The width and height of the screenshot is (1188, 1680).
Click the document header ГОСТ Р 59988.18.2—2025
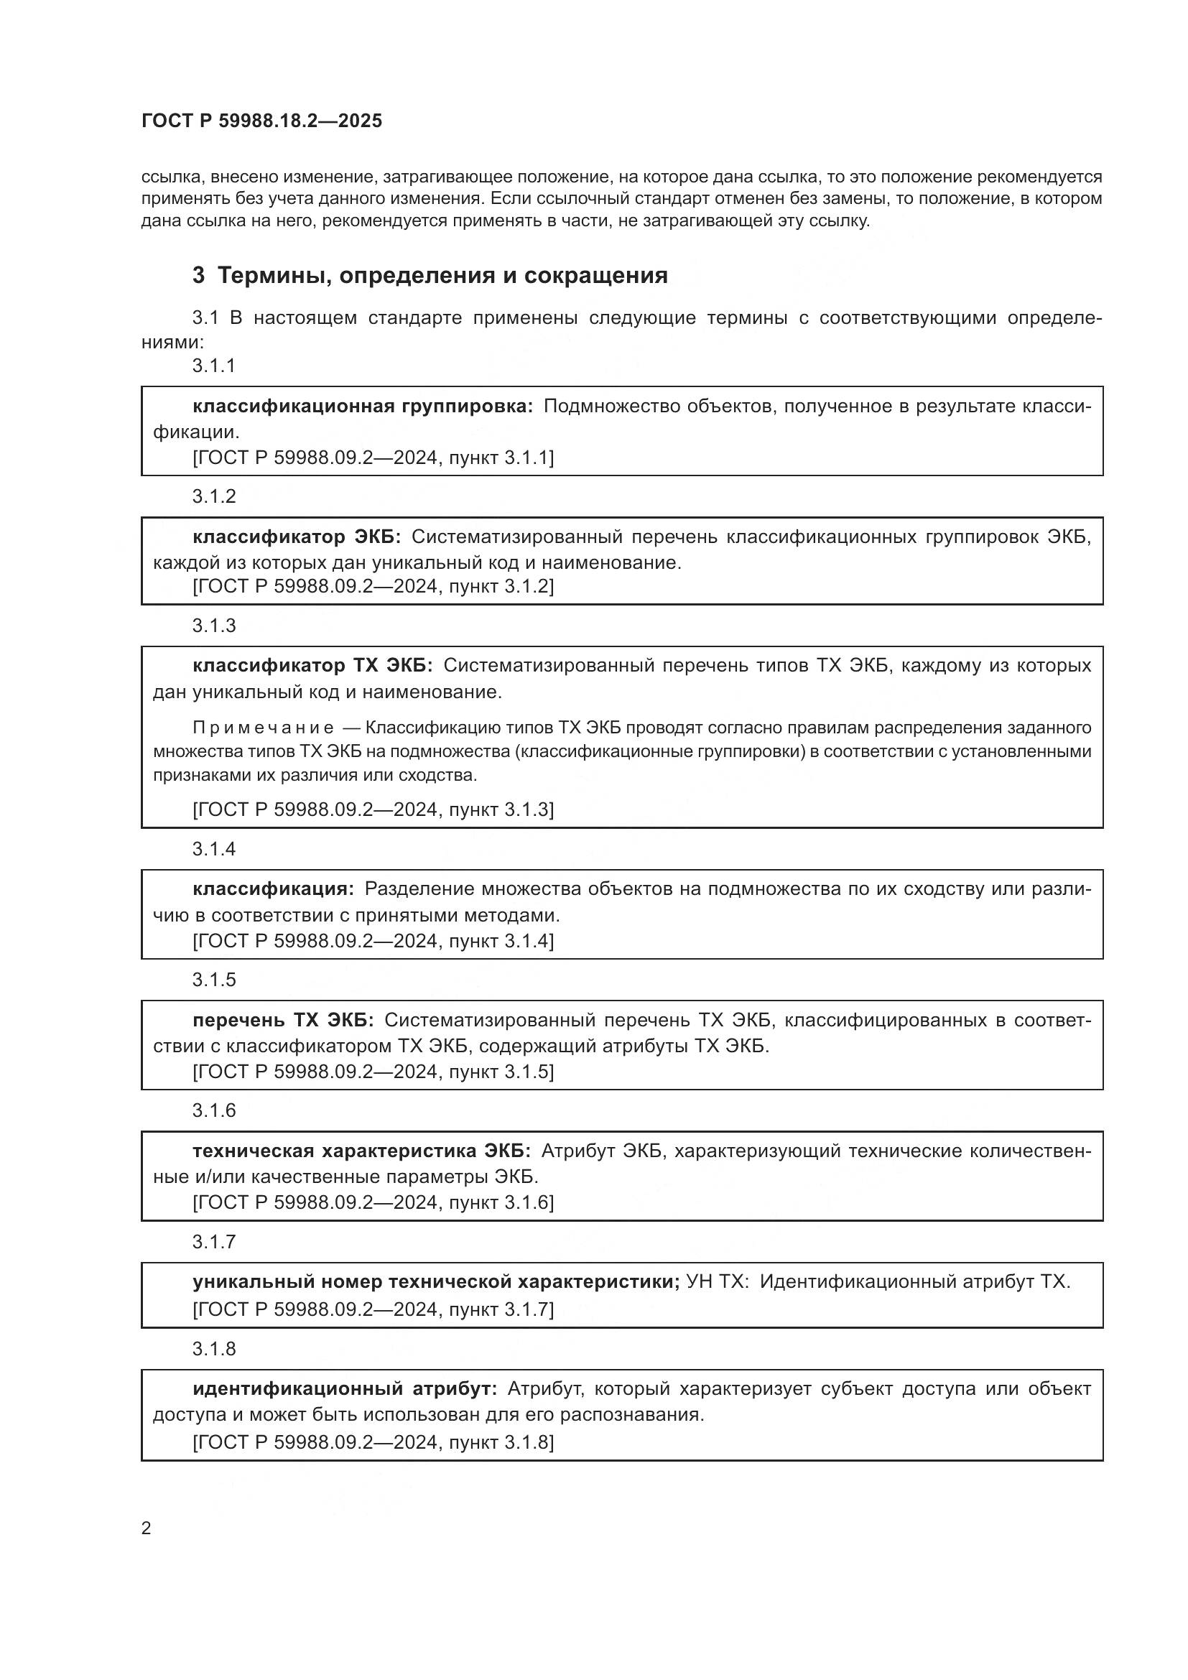point(261,121)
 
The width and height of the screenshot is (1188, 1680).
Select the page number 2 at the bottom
point(147,1528)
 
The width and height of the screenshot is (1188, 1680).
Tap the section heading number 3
point(198,276)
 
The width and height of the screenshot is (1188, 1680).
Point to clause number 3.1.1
point(213,366)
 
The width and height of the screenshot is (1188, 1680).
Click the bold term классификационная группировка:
point(363,406)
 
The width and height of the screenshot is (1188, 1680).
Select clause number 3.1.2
point(213,496)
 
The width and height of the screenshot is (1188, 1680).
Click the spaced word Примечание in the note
point(264,728)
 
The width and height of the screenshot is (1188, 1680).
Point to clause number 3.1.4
point(213,849)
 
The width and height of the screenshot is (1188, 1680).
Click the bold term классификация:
point(273,889)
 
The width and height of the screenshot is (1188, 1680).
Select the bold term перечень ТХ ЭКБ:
point(283,1020)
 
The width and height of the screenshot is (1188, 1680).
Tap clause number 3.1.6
point(213,1110)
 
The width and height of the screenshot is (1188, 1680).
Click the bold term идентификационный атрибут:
point(345,1388)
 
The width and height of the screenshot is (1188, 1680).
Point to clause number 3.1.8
point(213,1349)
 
